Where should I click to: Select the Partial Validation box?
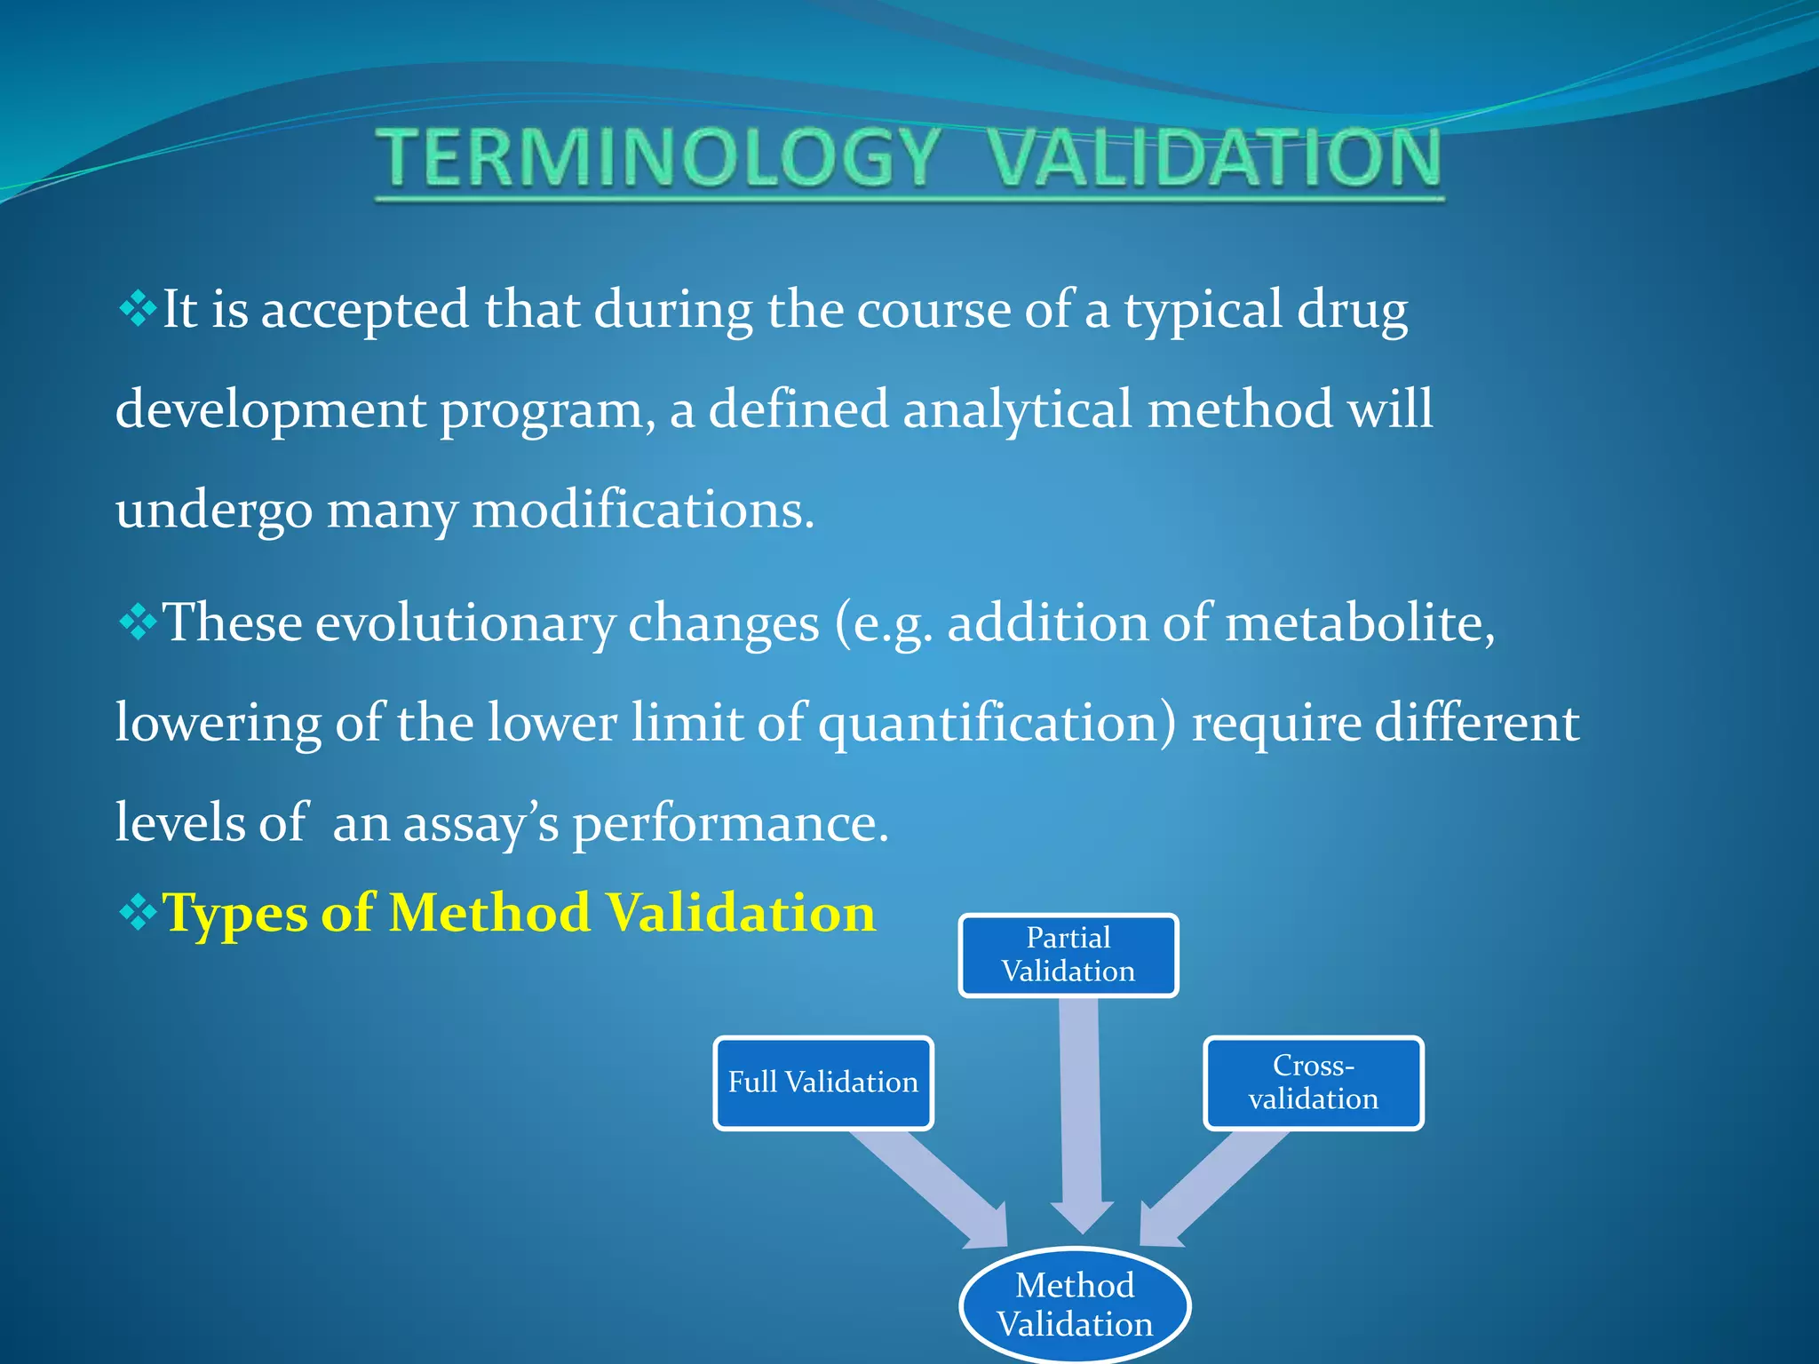click(x=1068, y=956)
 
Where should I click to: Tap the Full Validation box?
click(x=823, y=1082)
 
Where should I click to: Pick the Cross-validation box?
click(x=1313, y=1082)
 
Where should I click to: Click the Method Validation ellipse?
click(x=1075, y=1305)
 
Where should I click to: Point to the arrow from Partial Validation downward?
click(x=1080, y=1110)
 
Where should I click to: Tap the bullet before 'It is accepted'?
click(x=137, y=310)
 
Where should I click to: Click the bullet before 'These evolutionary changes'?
click(x=137, y=623)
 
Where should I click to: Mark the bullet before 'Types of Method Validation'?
click(x=137, y=913)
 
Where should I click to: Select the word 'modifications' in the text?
click(x=641, y=511)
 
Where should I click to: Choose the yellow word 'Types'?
click(x=234, y=915)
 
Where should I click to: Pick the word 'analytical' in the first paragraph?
click(x=1017, y=410)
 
